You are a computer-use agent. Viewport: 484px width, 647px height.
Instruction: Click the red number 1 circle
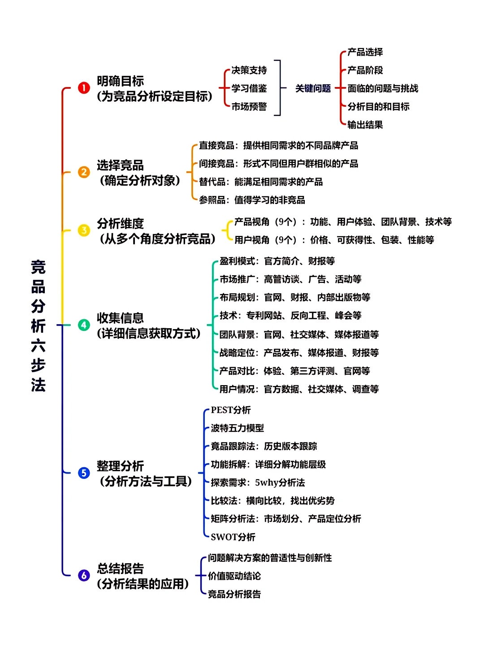pos(84,88)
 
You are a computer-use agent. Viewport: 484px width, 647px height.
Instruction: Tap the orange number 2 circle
pos(84,172)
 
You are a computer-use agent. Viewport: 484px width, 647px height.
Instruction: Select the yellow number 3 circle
pos(84,230)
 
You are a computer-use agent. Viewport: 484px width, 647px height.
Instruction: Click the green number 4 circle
pos(84,325)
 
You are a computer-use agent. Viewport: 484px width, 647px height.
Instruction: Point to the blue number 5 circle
pos(84,473)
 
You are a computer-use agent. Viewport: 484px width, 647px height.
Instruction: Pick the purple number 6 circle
pos(84,575)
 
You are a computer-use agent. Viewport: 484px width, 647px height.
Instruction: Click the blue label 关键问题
pos(313,88)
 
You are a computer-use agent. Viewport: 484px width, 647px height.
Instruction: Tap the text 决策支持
pos(249,70)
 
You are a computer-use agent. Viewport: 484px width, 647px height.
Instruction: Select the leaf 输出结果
pos(365,125)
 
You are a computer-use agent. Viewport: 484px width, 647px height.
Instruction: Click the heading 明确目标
pos(120,81)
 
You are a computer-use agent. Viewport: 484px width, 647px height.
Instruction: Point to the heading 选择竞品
pos(120,165)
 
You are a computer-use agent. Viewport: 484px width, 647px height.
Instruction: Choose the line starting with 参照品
pos(252,200)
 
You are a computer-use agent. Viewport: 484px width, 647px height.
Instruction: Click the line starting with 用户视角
pos(334,240)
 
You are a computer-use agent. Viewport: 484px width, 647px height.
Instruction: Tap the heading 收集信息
pos(120,318)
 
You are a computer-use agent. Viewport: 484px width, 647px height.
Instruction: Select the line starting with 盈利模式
pos(277,261)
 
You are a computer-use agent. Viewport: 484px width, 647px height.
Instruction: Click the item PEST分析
pos(231,410)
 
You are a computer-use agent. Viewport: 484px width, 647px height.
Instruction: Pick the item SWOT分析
pos(233,537)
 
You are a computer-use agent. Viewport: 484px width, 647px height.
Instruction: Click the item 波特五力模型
pos(237,428)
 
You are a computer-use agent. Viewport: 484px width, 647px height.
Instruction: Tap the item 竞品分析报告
pos(234,594)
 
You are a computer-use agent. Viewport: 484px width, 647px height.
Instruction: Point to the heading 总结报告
pos(120,569)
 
